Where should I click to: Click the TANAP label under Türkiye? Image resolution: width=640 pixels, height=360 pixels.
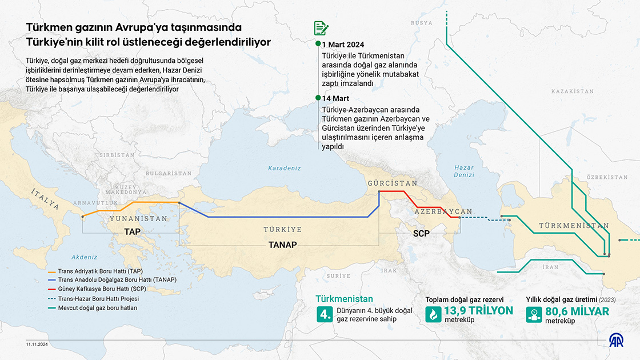coord(282,245)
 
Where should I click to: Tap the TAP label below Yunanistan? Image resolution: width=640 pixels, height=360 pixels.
coord(132,232)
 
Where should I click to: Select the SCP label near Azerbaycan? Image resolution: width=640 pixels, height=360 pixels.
coord(421,233)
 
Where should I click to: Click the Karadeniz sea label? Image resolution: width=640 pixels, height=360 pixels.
coord(285,168)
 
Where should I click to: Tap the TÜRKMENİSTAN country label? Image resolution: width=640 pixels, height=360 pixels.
coord(573,226)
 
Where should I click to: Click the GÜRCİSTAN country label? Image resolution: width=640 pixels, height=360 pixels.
coord(393,183)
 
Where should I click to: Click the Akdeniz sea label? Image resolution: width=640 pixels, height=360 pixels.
coord(85,257)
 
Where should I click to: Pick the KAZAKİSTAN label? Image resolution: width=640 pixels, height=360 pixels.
coord(573,91)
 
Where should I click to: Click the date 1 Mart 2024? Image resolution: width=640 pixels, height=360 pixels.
coord(343,45)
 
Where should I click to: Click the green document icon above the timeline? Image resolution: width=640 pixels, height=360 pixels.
coord(321,28)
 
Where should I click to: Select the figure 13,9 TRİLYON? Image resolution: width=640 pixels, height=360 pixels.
coord(478,311)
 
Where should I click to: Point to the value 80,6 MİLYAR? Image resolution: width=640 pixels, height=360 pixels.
coord(577,311)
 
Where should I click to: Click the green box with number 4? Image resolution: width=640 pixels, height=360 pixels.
coord(325,314)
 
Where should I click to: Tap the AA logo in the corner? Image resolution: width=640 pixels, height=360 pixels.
coord(617,341)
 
